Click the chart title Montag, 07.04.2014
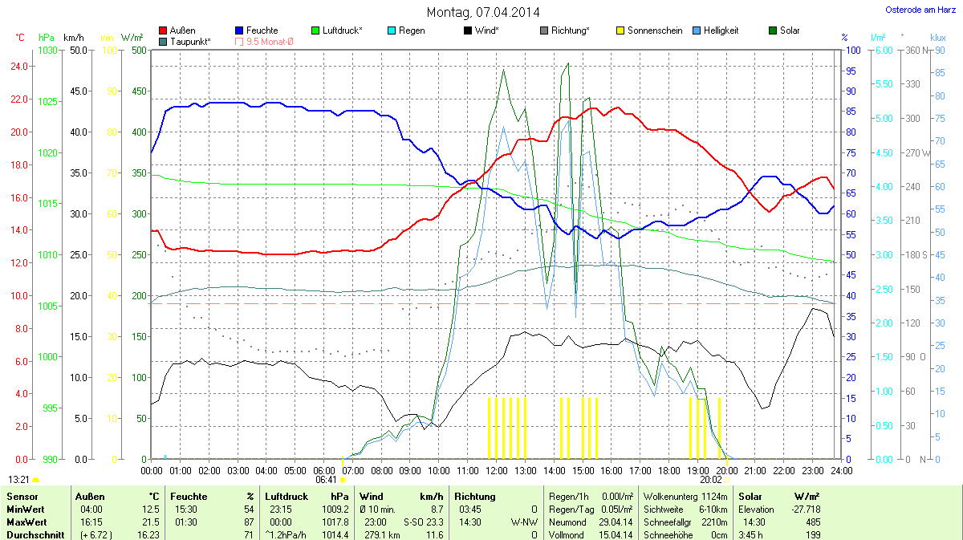[x=482, y=12]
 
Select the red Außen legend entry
[x=182, y=30]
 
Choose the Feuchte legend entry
[x=262, y=30]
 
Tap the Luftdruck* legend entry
[x=342, y=30]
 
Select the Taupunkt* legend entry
[x=190, y=41]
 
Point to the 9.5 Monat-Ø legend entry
[x=270, y=41]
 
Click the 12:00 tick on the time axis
[x=497, y=469]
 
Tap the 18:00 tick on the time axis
[x=669, y=469]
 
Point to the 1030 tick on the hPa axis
[x=48, y=51]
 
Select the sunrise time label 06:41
[x=326, y=479]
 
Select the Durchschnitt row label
[x=35, y=534]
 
